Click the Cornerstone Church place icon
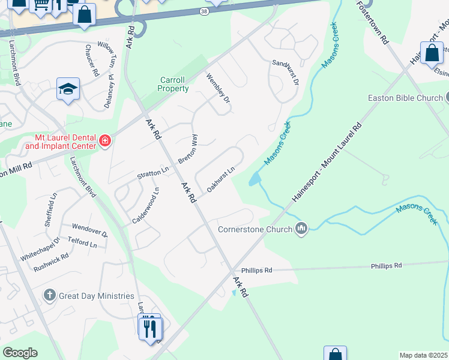point(302,229)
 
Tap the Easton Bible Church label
point(405,98)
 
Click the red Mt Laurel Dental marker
point(105,141)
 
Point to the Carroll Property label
point(173,84)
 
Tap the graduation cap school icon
point(68,89)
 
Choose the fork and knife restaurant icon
point(149,328)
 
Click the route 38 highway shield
point(205,11)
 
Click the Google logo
point(20,353)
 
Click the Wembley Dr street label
point(218,88)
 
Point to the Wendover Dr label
point(89,230)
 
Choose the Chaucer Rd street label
point(92,60)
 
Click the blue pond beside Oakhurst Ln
point(255,178)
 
